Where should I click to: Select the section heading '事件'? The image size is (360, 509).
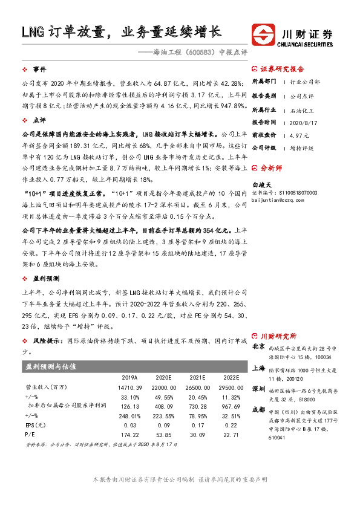click(39, 70)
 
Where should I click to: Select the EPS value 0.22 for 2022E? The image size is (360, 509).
click(230, 425)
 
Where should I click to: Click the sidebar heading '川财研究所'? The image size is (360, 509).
click(278, 336)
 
